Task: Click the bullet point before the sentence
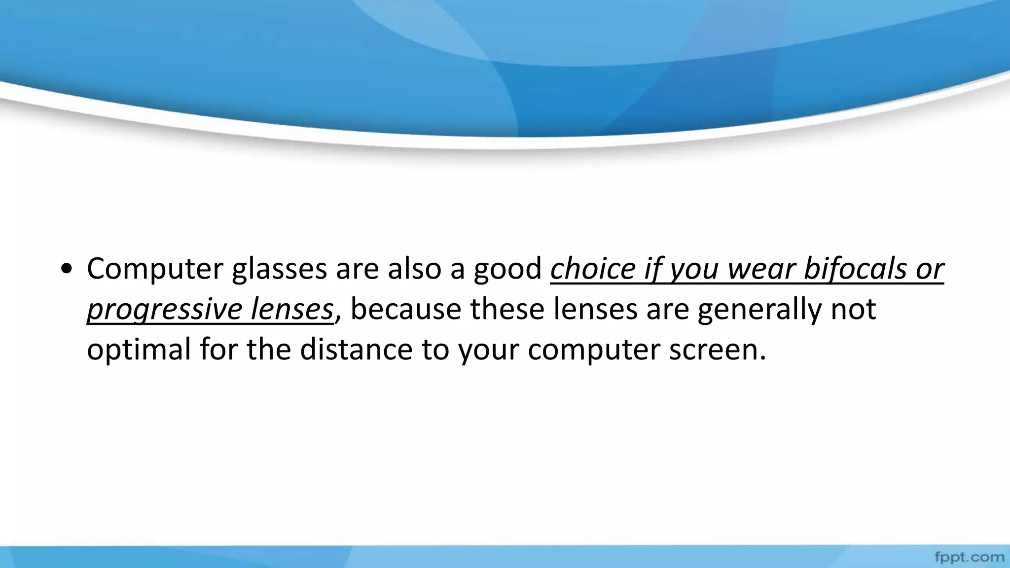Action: click(66, 270)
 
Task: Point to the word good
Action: click(507, 269)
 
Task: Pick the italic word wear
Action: click(761, 269)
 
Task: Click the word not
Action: click(854, 310)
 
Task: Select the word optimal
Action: click(139, 350)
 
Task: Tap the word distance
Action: click(356, 349)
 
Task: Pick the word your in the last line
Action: click(488, 350)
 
